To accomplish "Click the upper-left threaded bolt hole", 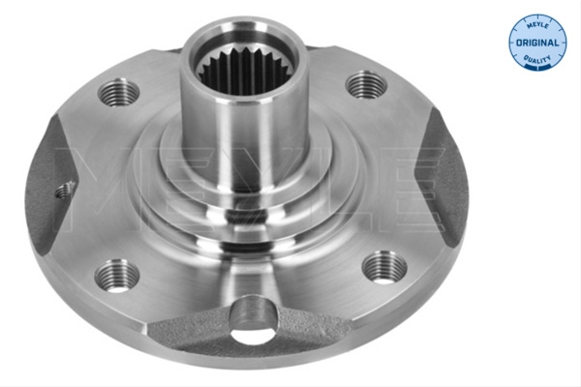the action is point(118,92).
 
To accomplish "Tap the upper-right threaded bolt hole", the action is point(366,85).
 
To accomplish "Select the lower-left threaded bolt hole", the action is point(117,275).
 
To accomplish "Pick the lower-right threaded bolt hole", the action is point(384,267).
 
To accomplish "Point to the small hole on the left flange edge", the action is point(65,190).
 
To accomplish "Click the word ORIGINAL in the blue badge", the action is point(537,43).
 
